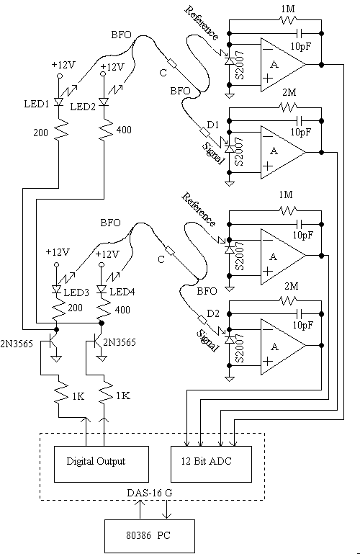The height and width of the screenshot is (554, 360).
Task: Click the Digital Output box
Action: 102,464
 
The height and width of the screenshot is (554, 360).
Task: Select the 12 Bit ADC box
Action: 212,464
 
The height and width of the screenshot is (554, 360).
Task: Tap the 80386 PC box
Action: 150,536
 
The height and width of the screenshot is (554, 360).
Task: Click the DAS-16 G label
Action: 150,493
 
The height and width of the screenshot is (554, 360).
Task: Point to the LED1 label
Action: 36,104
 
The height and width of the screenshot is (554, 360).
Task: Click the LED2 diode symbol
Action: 104,102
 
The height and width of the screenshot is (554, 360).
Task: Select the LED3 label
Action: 76,292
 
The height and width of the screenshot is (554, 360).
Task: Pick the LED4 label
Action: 122,292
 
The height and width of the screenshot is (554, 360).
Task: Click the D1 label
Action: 213,125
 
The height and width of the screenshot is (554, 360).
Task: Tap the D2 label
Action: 213,313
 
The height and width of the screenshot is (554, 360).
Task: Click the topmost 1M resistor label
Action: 288,9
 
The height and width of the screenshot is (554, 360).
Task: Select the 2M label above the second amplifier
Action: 289,92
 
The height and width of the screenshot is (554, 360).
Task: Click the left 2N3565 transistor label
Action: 17,344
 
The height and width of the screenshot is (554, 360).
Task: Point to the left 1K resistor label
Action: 78,396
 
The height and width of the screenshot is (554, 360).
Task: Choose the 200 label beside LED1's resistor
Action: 41,133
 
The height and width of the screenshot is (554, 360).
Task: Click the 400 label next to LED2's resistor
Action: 124,130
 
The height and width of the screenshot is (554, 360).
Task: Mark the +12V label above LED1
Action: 63,65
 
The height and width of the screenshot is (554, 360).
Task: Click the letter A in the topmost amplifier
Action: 274,64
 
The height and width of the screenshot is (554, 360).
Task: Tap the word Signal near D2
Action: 207,341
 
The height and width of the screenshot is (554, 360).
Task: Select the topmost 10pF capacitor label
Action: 301,46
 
